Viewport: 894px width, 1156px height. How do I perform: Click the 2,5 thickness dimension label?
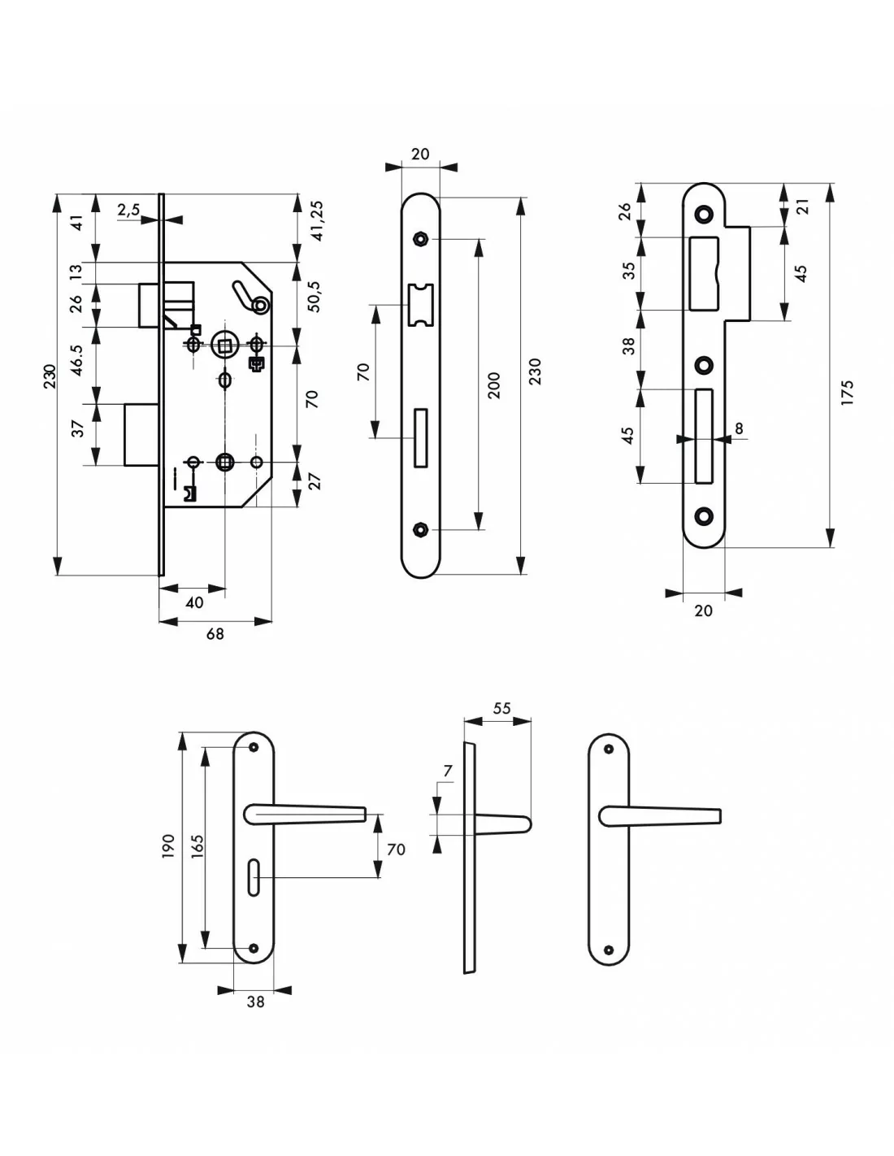pos(128,210)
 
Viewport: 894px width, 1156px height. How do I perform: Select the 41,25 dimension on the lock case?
pos(316,220)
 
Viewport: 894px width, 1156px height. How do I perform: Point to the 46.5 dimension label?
pos(77,359)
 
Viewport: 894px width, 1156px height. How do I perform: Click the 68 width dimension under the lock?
pos(215,633)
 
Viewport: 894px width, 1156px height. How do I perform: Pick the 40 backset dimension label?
pos(194,602)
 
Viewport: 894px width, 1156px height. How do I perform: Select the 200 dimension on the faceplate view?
pos(493,385)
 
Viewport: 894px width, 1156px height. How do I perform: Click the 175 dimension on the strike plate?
pos(848,393)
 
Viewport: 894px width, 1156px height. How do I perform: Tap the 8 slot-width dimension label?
pos(739,428)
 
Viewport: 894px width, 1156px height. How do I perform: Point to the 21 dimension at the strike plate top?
pos(803,206)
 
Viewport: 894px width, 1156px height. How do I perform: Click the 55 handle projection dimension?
pos(501,708)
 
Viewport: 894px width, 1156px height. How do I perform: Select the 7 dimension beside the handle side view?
pos(448,770)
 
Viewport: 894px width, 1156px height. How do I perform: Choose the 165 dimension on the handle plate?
pos(197,846)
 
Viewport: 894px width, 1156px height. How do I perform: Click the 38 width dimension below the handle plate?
pos(255,1002)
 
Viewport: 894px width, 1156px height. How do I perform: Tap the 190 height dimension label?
pos(168,846)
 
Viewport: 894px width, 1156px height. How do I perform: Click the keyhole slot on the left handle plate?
pos(254,877)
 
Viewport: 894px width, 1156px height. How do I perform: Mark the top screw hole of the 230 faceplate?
pos(419,239)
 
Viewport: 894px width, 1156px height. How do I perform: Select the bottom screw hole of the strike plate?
pos(704,514)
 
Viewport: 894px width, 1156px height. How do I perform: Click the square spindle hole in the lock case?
pos(223,345)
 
